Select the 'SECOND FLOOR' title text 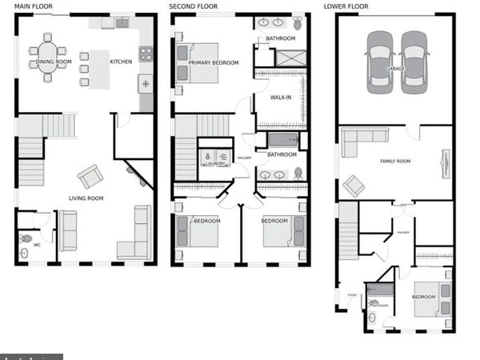194,6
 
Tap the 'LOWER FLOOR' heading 346,6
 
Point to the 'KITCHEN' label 121,62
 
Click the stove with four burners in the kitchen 146,54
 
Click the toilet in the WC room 26,238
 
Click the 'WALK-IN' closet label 281,98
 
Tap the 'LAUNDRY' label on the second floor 215,164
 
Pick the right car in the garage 414,61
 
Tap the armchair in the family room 353,186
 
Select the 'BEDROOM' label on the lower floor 423,297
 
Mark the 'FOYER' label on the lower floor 350,295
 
